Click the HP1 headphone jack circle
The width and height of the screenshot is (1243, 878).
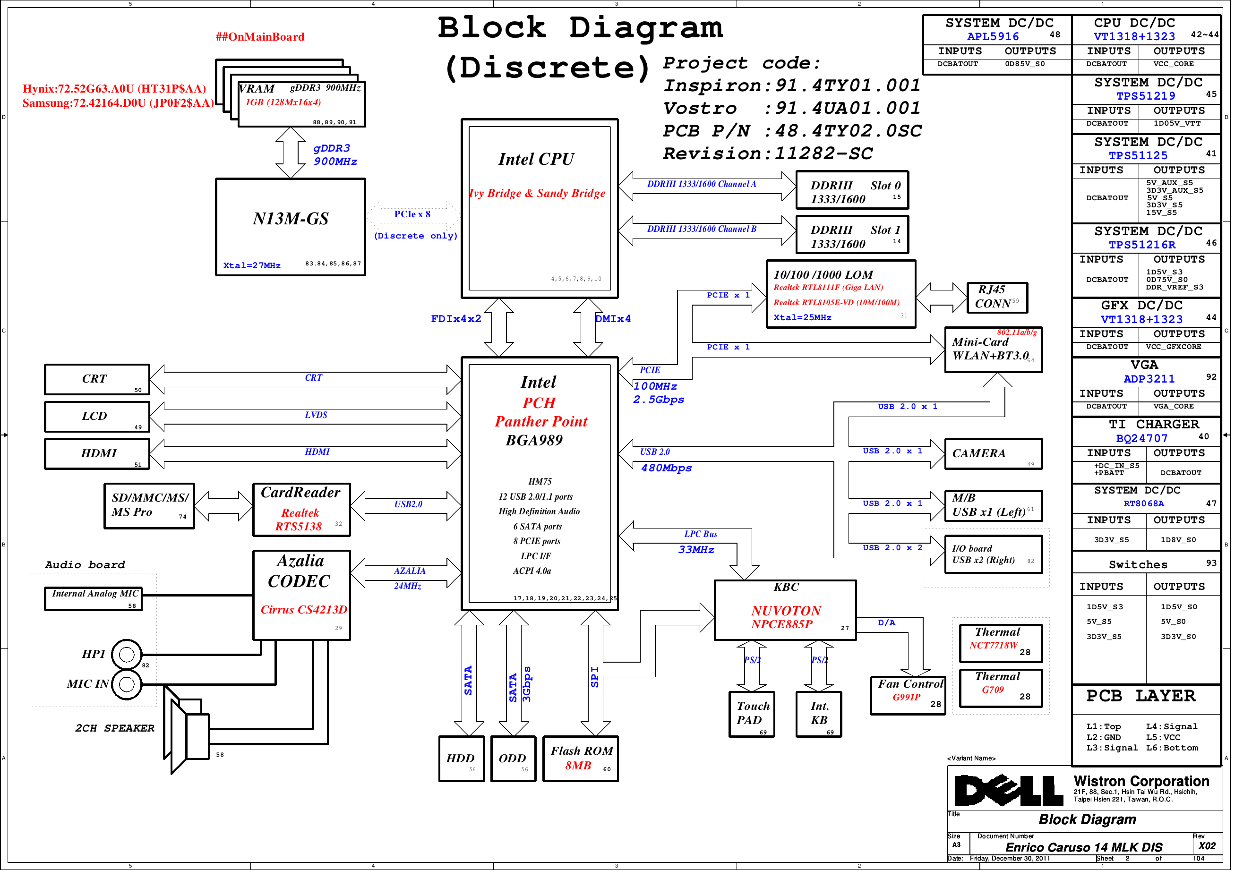(x=127, y=660)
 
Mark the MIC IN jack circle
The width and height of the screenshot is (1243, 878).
(x=127, y=690)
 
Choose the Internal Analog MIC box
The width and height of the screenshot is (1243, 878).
(x=94, y=604)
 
